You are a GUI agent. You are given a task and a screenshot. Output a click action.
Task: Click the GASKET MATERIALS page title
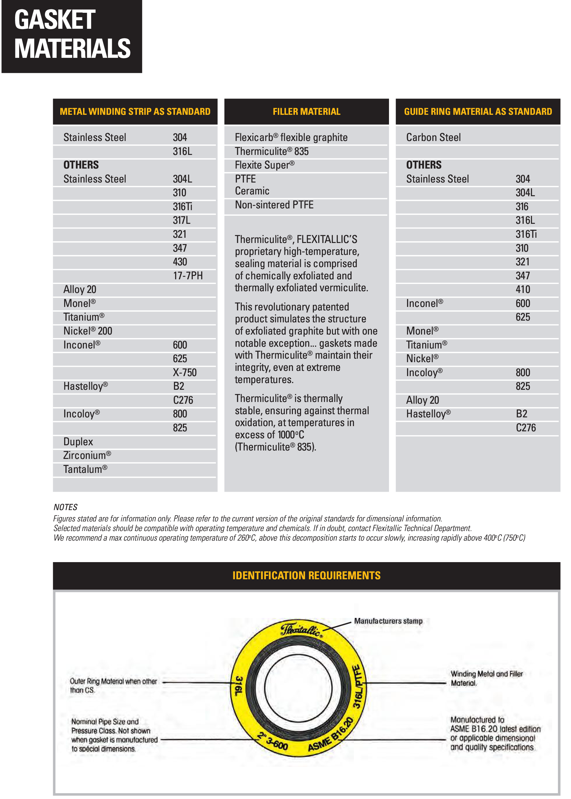[x=72, y=34]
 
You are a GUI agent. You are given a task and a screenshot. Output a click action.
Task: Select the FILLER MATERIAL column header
[x=306, y=112]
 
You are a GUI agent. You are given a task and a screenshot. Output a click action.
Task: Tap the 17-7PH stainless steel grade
[x=188, y=276]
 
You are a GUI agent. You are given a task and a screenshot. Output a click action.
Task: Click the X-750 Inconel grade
[x=185, y=372]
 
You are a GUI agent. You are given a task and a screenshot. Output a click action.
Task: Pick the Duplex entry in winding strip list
[x=78, y=442]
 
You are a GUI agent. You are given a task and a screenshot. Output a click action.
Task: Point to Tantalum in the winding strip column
[x=85, y=469]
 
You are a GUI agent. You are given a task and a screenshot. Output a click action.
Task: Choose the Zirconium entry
[x=87, y=455]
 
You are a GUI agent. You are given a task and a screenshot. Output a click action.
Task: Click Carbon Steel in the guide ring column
[x=433, y=137]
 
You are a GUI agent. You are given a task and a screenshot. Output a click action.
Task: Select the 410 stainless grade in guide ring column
[x=523, y=289]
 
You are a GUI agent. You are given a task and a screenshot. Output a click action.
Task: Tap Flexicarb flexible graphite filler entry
[x=291, y=137]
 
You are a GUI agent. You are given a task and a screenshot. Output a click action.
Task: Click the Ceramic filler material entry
[x=252, y=191]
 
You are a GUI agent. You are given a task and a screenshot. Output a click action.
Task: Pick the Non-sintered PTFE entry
[x=274, y=205]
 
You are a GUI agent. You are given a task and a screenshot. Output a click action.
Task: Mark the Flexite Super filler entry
[x=264, y=165]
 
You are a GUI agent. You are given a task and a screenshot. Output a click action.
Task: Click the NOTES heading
[x=65, y=507]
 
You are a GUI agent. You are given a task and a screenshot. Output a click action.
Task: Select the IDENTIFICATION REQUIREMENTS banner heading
[x=306, y=575]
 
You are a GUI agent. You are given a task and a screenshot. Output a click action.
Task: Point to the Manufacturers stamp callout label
[x=388, y=621]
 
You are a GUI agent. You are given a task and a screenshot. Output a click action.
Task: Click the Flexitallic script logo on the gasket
[x=301, y=630]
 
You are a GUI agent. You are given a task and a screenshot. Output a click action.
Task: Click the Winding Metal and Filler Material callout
[x=486, y=678]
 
